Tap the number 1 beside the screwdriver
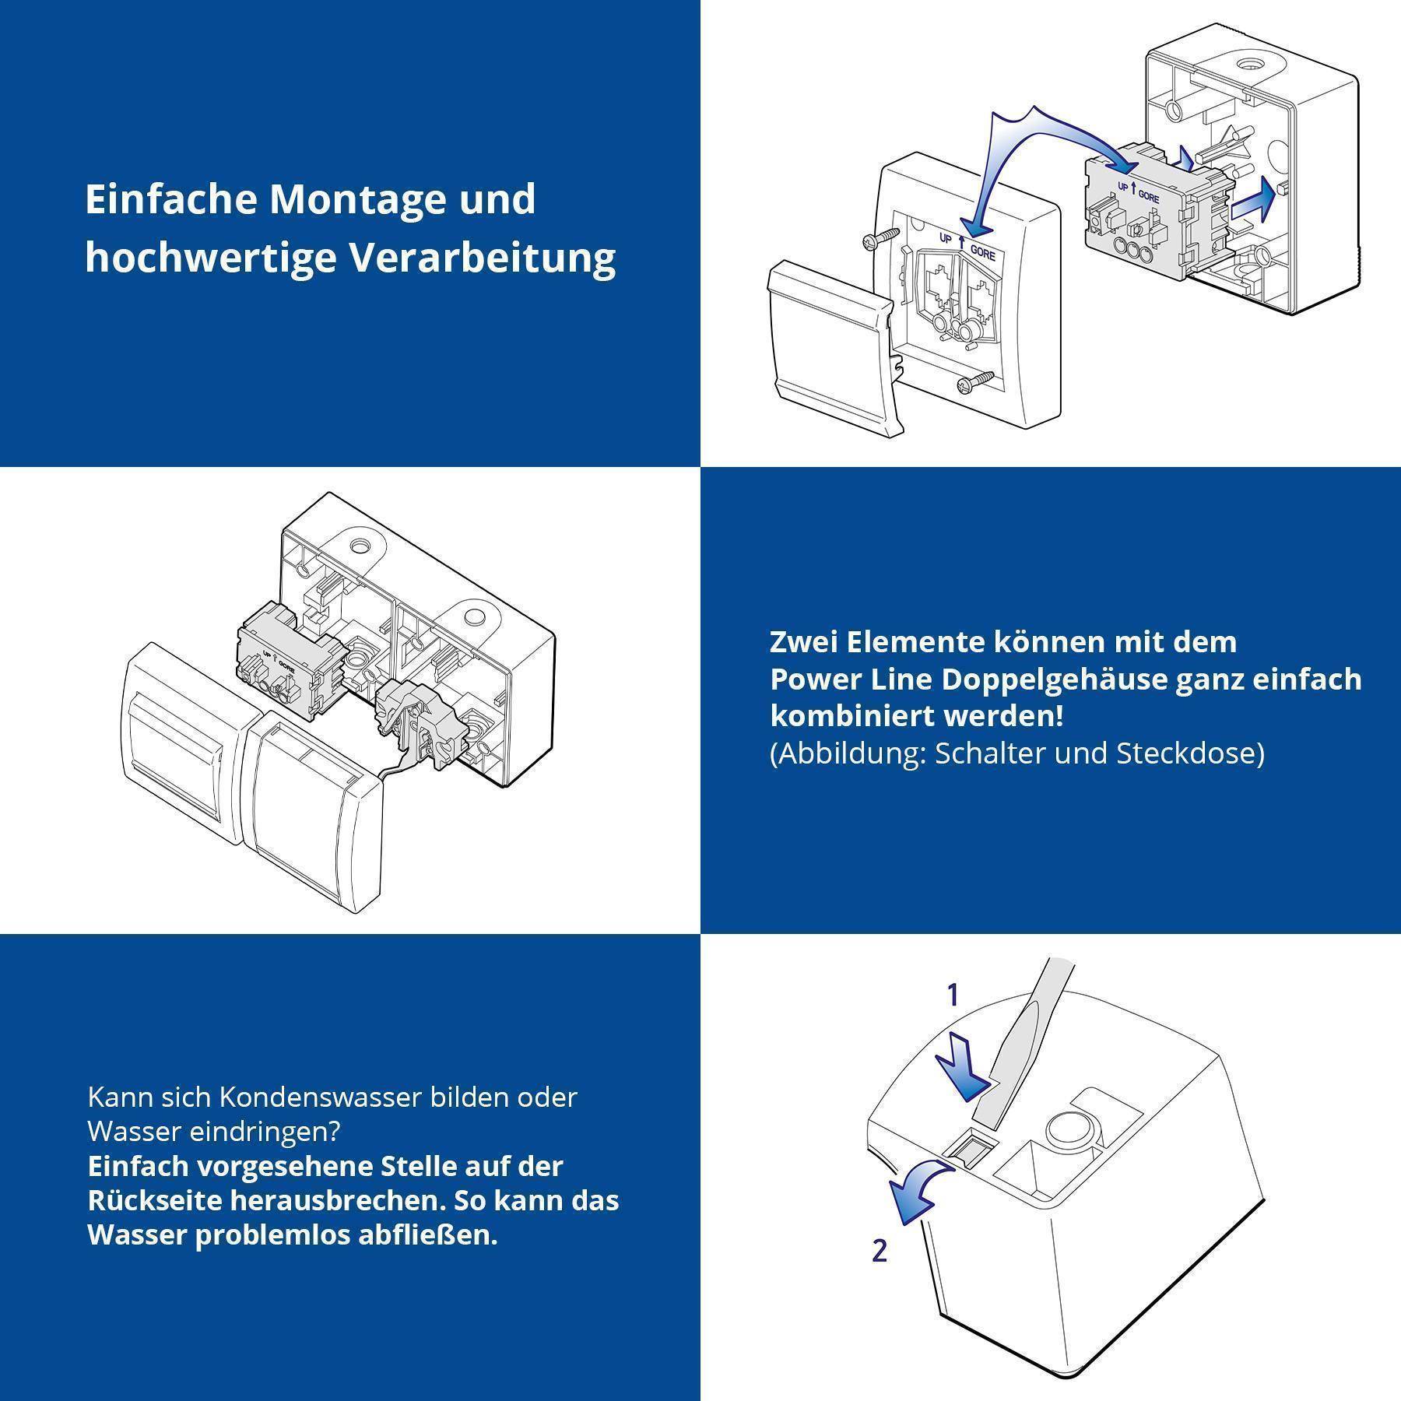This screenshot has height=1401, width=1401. (x=951, y=995)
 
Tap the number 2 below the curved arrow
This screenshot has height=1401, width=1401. (x=880, y=1250)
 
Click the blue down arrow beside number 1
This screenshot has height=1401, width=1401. (x=962, y=1066)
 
